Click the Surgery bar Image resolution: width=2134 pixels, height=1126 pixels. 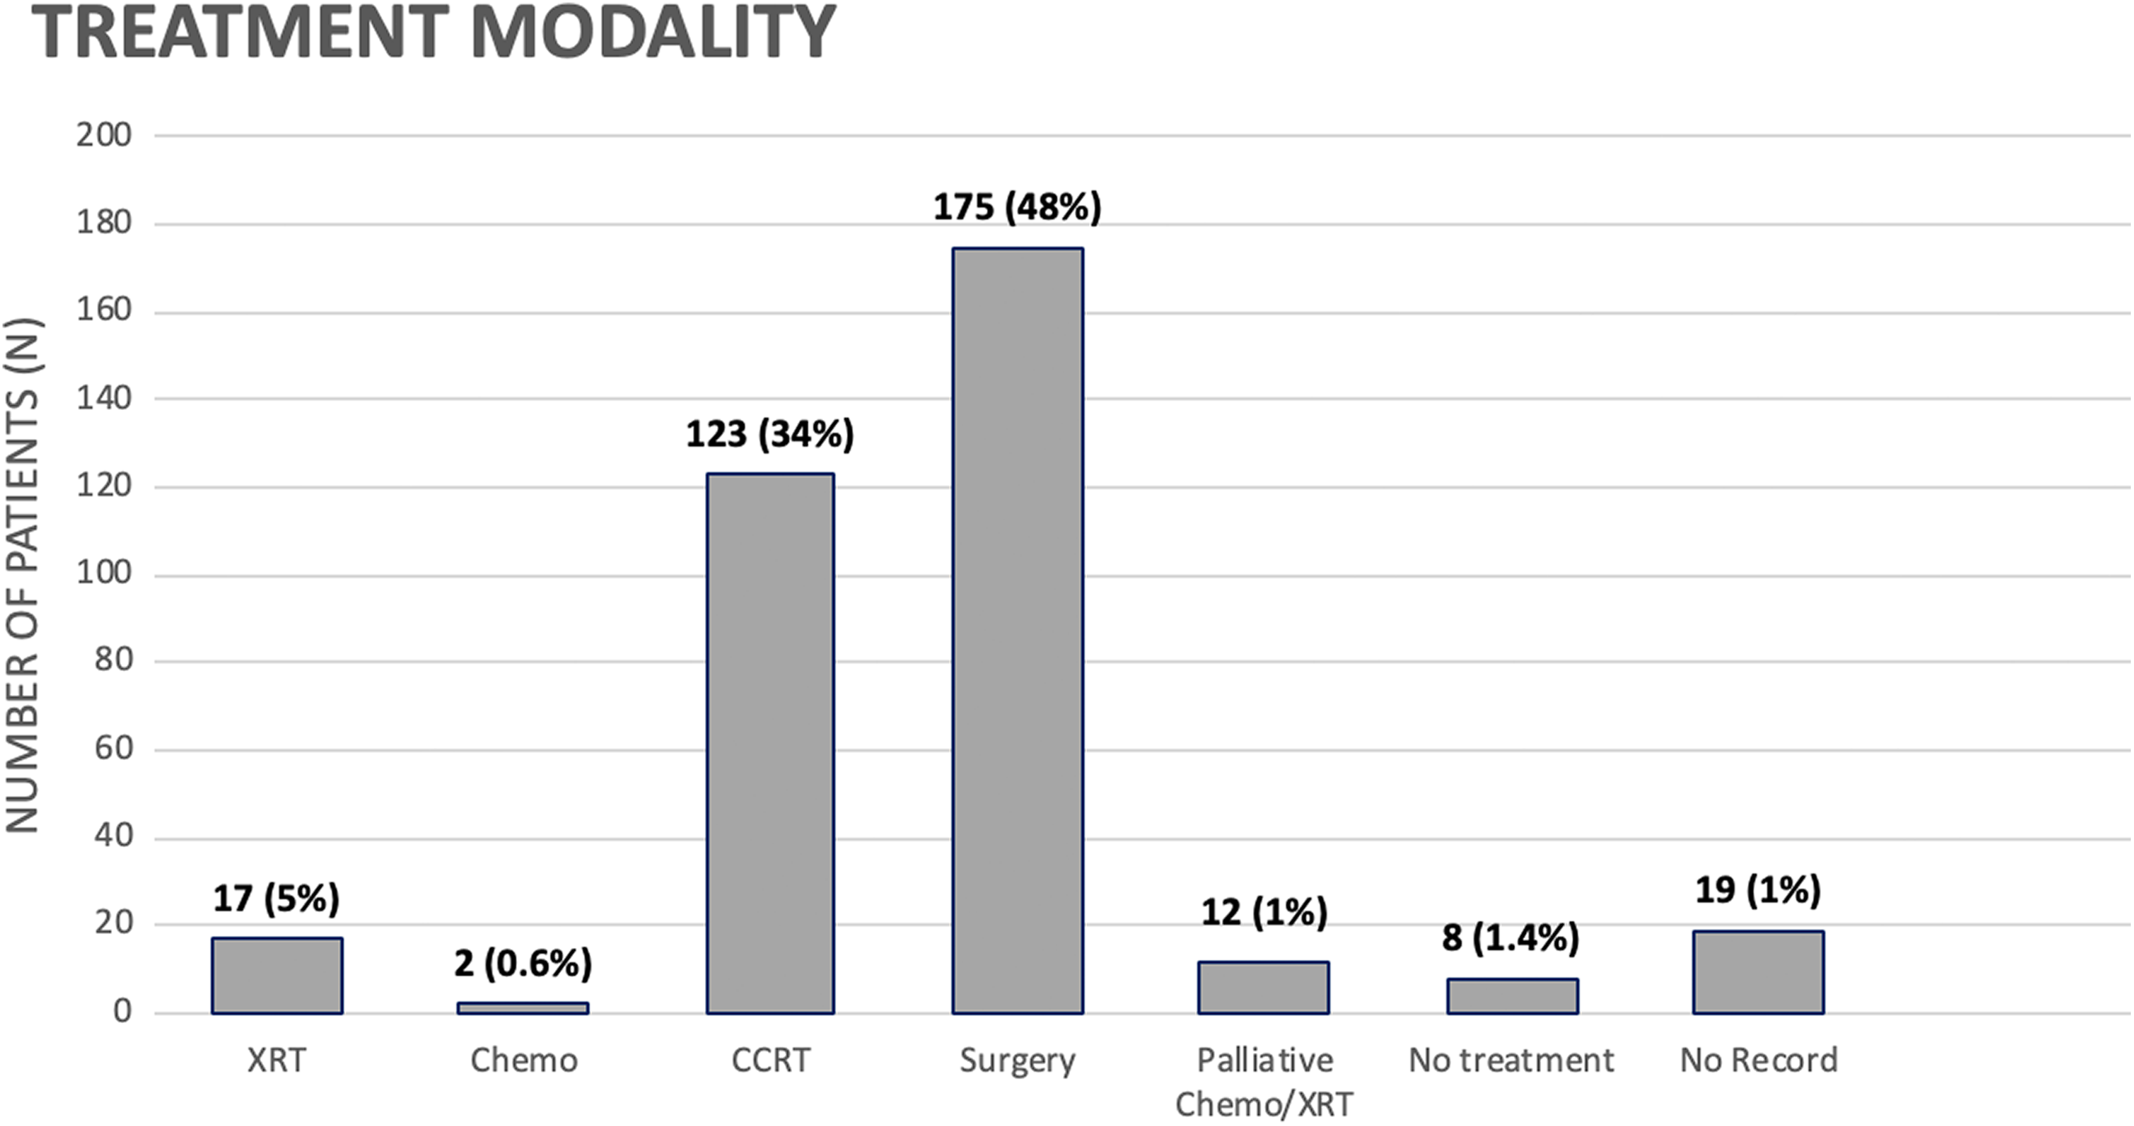(x=1017, y=630)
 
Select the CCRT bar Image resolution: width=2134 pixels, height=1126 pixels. (x=770, y=743)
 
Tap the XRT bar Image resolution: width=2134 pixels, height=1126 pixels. (x=277, y=976)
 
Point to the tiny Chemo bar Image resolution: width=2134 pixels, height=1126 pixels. (x=523, y=1008)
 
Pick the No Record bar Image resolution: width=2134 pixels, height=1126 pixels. (x=1758, y=972)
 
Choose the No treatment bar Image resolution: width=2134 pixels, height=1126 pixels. (x=1512, y=996)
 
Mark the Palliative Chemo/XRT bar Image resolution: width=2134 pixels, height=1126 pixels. (x=1263, y=987)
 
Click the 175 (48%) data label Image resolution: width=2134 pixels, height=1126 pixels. (x=1017, y=207)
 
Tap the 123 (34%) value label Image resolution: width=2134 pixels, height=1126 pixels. (x=770, y=434)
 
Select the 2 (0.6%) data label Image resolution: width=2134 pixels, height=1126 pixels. (x=523, y=963)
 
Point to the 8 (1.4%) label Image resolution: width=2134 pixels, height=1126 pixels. (x=1510, y=938)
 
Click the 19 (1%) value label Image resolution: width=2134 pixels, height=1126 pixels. (x=1758, y=890)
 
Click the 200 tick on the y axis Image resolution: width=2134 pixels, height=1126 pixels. (x=104, y=135)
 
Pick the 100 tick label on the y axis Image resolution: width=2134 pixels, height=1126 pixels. (x=104, y=573)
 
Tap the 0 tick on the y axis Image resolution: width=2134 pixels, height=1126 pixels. (x=123, y=1012)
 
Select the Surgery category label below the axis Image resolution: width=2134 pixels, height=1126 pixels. (x=1017, y=1061)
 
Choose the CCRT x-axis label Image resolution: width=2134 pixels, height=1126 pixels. (x=770, y=1060)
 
